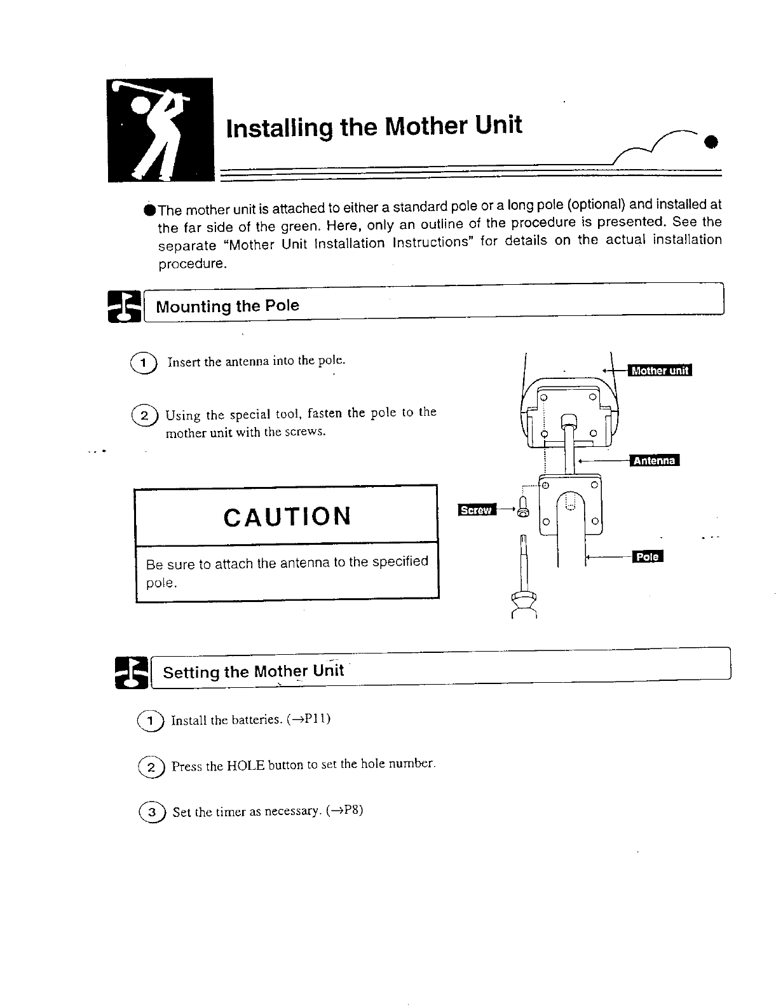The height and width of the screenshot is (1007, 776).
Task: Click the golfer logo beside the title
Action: [x=160, y=129]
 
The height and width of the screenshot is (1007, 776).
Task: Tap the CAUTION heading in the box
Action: [x=287, y=516]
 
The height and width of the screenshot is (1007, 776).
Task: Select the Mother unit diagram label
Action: [x=659, y=371]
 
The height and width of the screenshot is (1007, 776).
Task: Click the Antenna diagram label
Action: [x=654, y=460]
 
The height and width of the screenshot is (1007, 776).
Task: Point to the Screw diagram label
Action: [x=476, y=510]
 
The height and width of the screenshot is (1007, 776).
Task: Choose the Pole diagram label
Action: [x=648, y=557]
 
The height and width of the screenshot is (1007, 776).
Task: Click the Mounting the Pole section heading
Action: [x=228, y=306]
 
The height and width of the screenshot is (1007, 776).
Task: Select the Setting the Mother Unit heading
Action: [x=253, y=671]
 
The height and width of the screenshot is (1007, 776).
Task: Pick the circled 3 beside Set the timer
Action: [x=151, y=813]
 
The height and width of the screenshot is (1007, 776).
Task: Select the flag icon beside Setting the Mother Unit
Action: [x=131, y=673]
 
